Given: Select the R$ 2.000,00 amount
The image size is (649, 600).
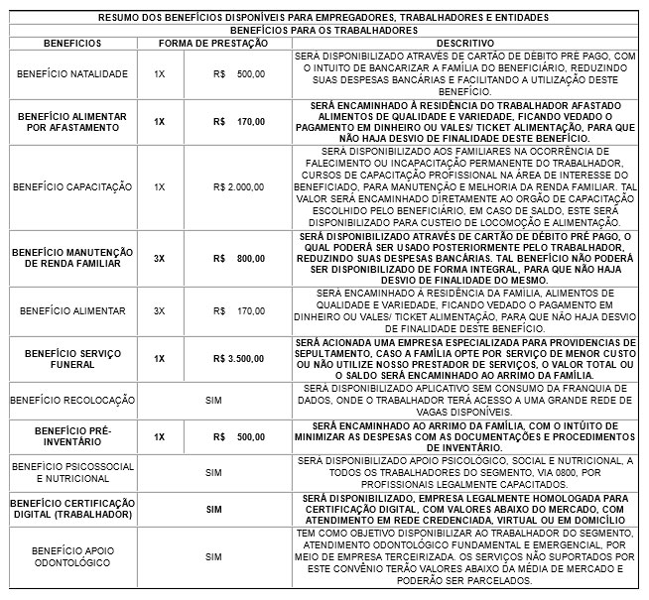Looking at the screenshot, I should (x=239, y=186).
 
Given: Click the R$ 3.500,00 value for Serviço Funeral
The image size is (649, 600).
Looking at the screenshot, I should (x=239, y=358).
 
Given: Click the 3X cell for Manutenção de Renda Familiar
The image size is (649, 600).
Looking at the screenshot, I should (x=159, y=258).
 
